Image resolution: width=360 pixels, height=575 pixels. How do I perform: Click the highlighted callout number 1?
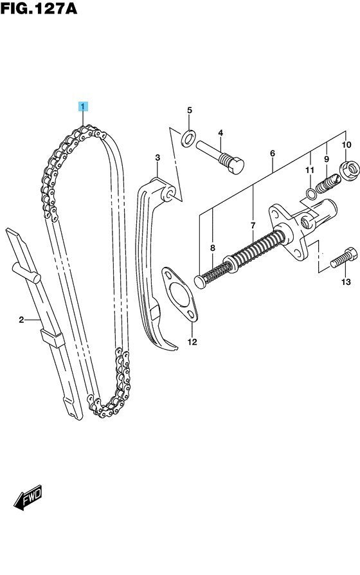[83, 107]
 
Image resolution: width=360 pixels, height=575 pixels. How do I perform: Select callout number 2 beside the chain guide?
[21, 320]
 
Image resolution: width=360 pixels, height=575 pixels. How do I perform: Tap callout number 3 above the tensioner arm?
[157, 158]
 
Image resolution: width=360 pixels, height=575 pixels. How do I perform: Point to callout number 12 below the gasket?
[192, 342]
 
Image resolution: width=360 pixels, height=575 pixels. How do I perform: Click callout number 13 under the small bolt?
[346, 282]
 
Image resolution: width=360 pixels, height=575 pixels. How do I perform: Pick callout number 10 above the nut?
[346, 145]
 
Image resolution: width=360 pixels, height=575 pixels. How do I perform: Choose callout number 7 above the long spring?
[253, 226]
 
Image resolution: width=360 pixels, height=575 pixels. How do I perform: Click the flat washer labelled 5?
[188, 139]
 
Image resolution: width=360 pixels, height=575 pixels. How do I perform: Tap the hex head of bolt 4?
[236, 166]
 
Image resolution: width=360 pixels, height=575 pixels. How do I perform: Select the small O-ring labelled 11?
[310, 194]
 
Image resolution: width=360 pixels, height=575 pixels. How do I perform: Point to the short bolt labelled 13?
[344, 259]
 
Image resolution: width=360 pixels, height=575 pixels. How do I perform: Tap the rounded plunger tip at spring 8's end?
[200, 282]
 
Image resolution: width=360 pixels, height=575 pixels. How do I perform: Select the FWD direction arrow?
[28, 497]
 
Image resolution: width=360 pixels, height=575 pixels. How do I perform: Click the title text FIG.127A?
[39, 8]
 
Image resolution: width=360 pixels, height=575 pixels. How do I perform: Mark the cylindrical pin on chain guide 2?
[26, 273]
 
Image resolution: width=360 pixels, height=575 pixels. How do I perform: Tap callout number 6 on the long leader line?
[273, 153]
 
